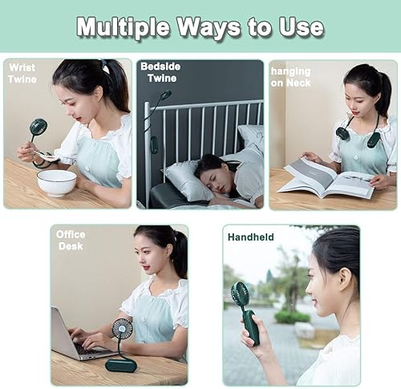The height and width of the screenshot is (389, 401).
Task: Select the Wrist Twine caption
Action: (x=22, y=73)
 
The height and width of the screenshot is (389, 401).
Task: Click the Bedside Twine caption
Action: (x=160, y=71)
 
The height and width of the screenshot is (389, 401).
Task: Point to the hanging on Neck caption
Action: (x=290, y=77)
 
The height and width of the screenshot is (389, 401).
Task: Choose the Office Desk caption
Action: (x=71, y=240)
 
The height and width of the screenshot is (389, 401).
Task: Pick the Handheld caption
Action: (x=250, y=237)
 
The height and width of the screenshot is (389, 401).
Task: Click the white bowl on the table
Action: (x=57, y=181)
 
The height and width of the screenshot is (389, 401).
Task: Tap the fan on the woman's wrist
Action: (x=38, y=128)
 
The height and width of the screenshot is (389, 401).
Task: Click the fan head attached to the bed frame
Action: (x=164, y=96)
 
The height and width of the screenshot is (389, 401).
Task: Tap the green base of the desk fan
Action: (x=120, y=364)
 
